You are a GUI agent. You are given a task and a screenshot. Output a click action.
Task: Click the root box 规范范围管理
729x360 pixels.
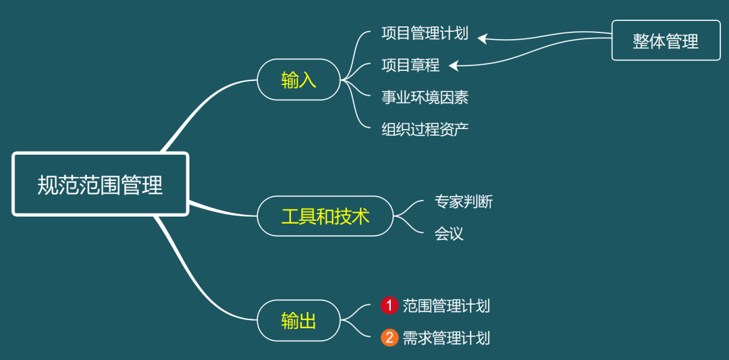(100, 184)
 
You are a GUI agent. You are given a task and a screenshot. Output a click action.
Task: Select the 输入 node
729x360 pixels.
(298, 80)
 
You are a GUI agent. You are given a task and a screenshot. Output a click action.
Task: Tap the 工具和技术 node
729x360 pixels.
(325, 216)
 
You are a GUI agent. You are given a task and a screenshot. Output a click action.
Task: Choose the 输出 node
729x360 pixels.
(298, 320)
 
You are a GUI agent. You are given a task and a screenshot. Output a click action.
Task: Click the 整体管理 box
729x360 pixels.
(666, 41)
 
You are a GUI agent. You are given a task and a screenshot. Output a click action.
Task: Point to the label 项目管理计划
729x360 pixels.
(425, 33)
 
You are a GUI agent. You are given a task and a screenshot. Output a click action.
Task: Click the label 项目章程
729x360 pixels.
(410, 65)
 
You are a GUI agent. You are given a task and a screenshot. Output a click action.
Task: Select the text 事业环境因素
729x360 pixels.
(425, 97)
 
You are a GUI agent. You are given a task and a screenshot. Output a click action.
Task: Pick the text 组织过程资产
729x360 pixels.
(425, 129)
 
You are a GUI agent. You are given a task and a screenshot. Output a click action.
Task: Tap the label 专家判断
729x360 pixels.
(463, 201)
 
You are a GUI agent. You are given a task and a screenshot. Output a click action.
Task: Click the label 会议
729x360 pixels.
(449, 234)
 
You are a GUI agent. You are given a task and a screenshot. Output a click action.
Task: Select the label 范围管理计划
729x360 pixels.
(446, 306)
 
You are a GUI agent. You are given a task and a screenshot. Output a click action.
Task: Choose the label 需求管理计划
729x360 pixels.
(446, 338)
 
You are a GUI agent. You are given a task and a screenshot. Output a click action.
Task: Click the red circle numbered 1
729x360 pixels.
(389, 306)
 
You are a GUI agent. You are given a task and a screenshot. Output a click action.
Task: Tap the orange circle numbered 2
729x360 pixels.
(389, 338)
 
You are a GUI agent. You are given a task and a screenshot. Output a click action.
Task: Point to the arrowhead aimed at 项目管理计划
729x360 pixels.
(482, 38)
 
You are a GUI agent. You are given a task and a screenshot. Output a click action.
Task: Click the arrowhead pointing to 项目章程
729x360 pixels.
(454, 66)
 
